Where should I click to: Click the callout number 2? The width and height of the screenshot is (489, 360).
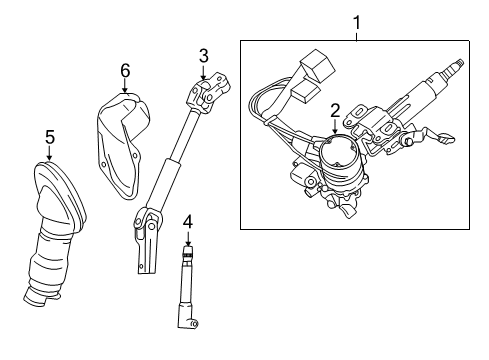tap(336, 111)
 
